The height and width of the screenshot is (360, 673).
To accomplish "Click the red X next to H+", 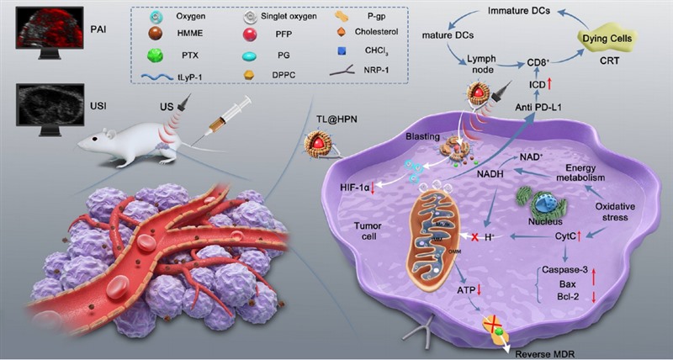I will click(x=476, y=238).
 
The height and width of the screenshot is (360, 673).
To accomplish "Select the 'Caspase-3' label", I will click(x=560, y=271).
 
